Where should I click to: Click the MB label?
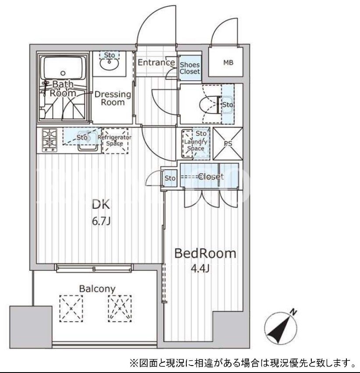pyautogui.click(x=228, y=63)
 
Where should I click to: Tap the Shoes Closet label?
pyautogui.click(x=189, y=68)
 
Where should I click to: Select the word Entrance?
pyautogui.click(x=157, y=62)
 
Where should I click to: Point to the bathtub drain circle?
pyautogui.click(x=63, y=73)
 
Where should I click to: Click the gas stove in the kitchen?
pyautogui.click(x=50, y=140)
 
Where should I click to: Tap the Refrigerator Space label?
pyautogui.click(x=114, y=140)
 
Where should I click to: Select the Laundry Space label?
pyautogui.click(x=196, y=145)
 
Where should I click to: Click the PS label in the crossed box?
pyautogui.click(x=228, y=144)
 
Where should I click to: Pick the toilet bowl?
pyautogui.click(x=210, y=105)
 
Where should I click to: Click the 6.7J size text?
pyautogui.click(x=101, y=221)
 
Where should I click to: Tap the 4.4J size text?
pyautogui.click(x=200, y=269)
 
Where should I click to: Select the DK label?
pyautogui.click(x=101, y=205)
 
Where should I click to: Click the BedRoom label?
pyautogui.click(x=205, y=254)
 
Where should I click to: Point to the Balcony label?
pyautogui.click(x=97, y=289)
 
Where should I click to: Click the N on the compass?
pyautogui.click(x=294, y=312)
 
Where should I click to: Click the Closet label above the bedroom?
pyautogui.click(x=211, y=177)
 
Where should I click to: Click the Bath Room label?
pyautogui.click(x=62, y=88)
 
